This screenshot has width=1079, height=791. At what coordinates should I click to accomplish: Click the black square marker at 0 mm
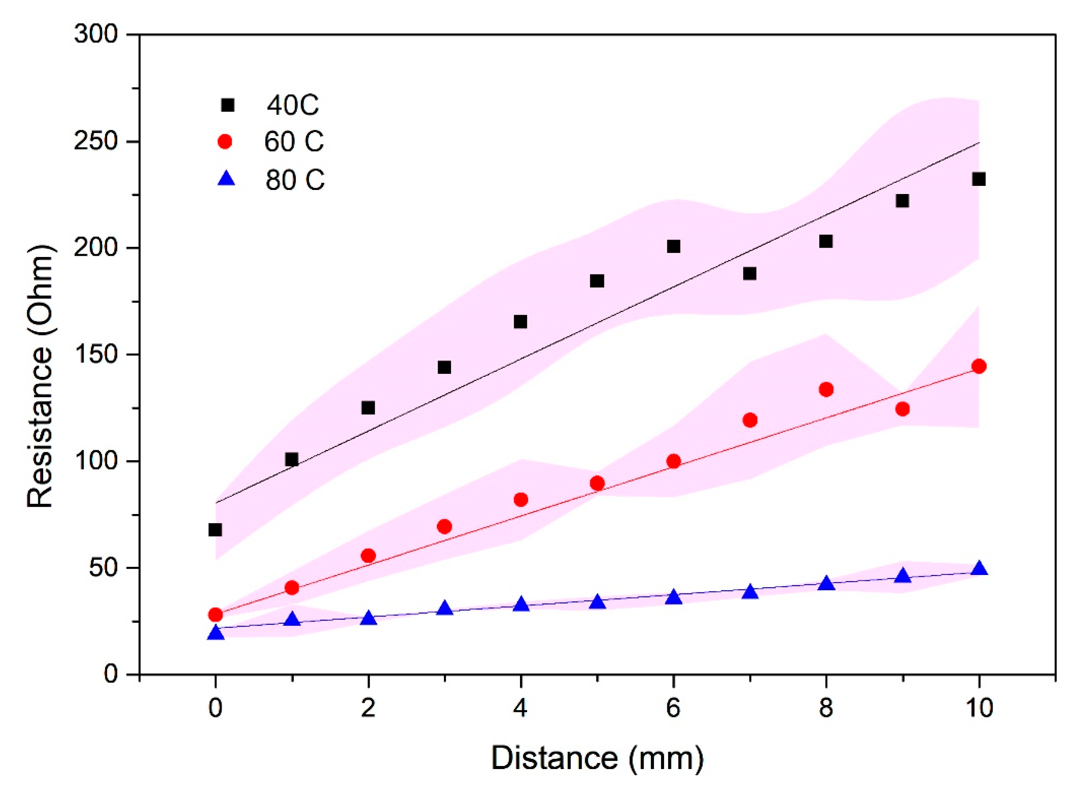click(216, 530)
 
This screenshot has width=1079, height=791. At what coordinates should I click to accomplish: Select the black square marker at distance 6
click(674, 247)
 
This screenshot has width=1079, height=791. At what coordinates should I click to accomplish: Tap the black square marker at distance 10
click(979, 180)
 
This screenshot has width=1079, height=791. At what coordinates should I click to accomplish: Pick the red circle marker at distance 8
click(826, 389)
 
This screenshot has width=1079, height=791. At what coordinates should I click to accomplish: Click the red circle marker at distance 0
click(216, 614)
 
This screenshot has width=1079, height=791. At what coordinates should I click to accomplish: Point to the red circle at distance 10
click(979, 366)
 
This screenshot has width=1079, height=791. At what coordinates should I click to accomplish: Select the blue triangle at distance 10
click(979, 569)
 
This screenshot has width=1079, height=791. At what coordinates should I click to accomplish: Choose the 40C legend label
click(292, 105)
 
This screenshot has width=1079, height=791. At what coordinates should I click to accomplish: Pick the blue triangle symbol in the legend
click(226, 180)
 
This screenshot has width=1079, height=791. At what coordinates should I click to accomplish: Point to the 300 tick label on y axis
click(96, 35)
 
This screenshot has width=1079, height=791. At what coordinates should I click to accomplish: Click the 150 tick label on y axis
click(96, 355)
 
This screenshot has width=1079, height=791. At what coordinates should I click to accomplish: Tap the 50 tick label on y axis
click(102, 568)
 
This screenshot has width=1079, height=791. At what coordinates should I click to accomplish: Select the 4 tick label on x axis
click(521, 708)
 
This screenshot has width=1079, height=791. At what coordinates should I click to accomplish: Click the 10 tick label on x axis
click(979, 708)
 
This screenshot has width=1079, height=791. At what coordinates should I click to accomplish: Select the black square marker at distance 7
click(750, 273)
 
